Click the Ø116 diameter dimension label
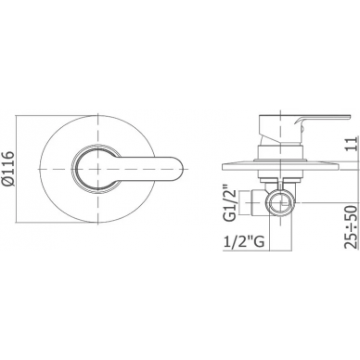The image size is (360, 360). click(x=8, y=169)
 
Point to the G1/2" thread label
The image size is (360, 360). click(x=230, y=202)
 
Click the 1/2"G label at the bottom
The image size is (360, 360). click(x=244, y=241)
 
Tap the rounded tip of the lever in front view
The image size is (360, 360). click(x=182, y=169)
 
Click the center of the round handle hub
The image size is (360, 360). click(x=97, y=169)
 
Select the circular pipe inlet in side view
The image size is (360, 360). click(x=279, y=202)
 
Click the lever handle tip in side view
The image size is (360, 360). click(x=348, y=117)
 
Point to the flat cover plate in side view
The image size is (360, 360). click(x=280, y=166)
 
